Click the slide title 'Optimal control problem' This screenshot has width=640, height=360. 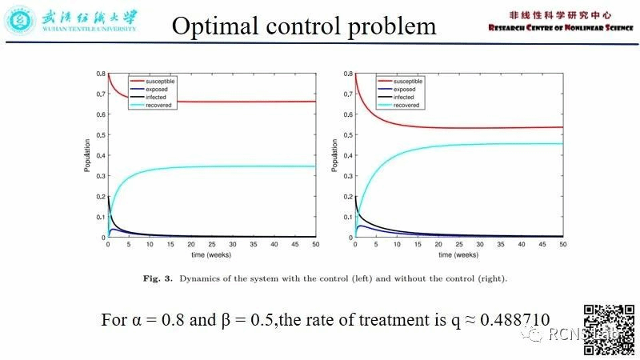click(x=304, y=26)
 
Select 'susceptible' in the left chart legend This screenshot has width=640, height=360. click(x=160, y=81)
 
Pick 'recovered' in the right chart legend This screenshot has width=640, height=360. click(x=406, y=105)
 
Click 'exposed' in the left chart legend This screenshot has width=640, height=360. click(x=157, y=89)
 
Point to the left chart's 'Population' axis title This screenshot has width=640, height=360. click(x=88, y=156)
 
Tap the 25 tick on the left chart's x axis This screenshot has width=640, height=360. click(x=211, y=245)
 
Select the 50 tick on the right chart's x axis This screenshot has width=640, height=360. click(x=562, y=245)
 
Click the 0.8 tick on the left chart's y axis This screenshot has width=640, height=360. click(x=101, y=74)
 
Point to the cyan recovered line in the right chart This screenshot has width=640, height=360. click(x=480, y=145)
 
